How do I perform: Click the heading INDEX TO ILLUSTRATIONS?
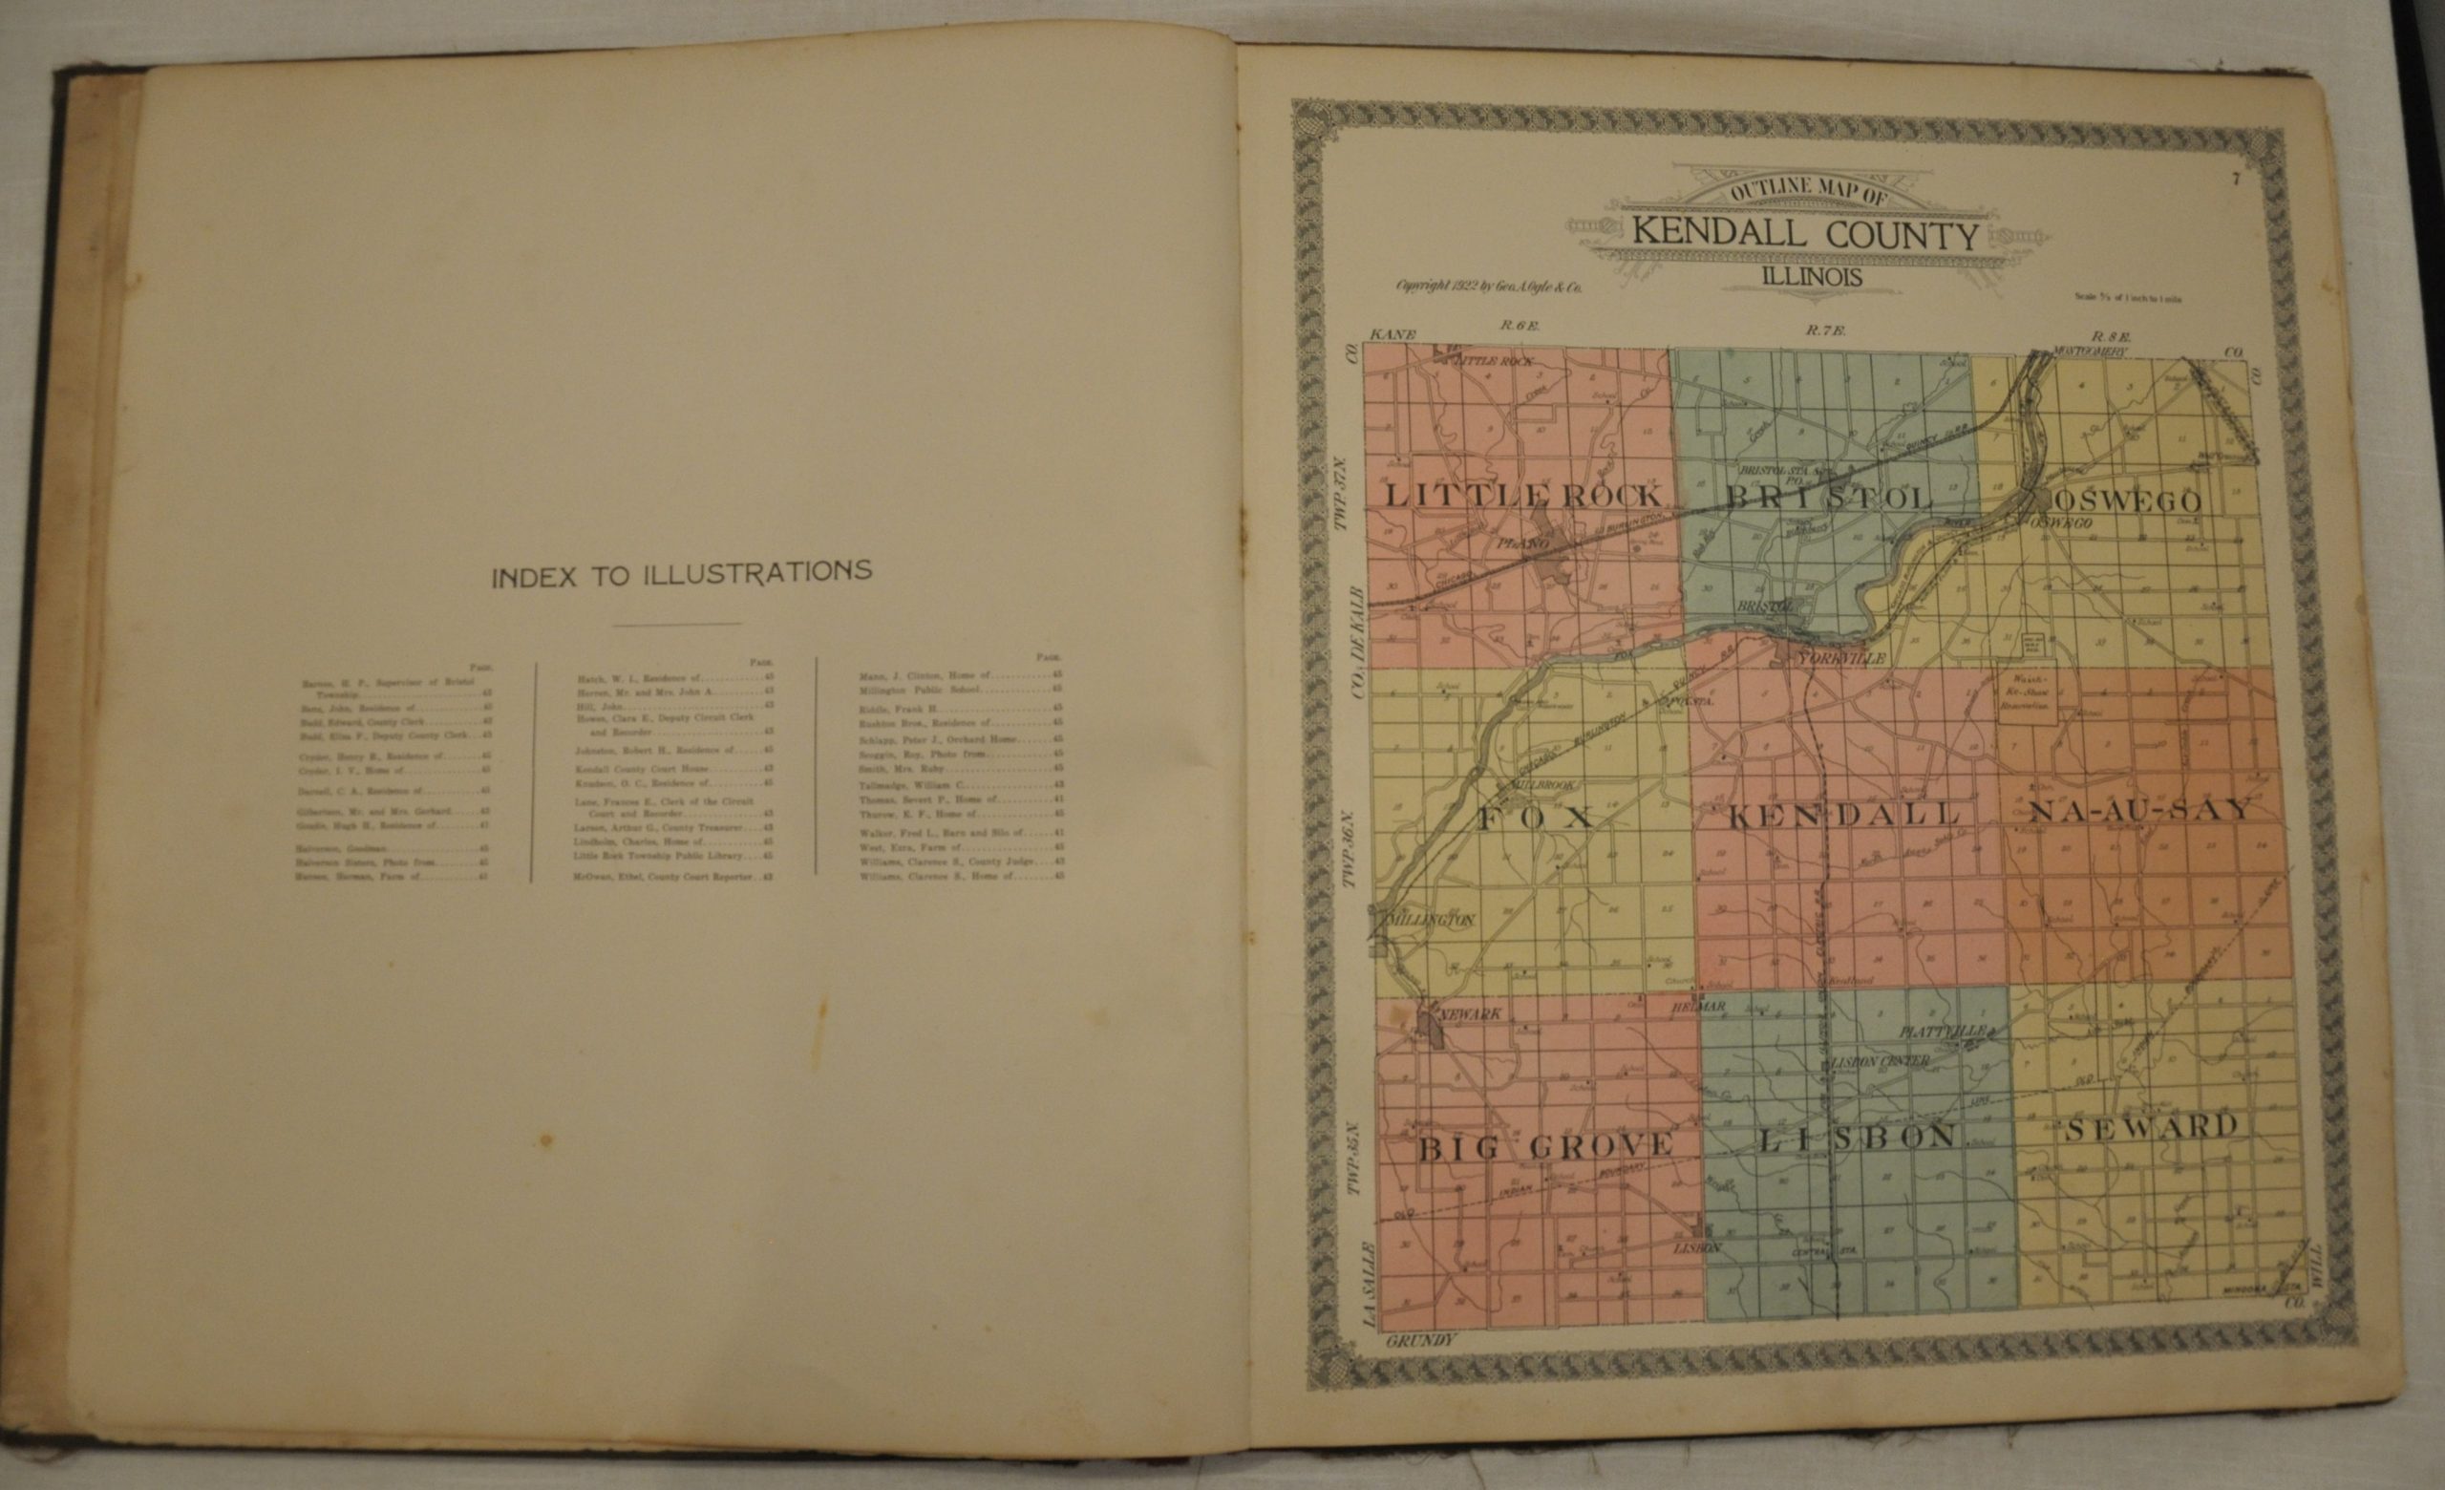682,574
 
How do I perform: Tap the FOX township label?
1535,818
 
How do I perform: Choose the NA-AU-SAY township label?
2138,811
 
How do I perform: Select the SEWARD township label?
2151,1127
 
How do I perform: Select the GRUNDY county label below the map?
1420,1340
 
